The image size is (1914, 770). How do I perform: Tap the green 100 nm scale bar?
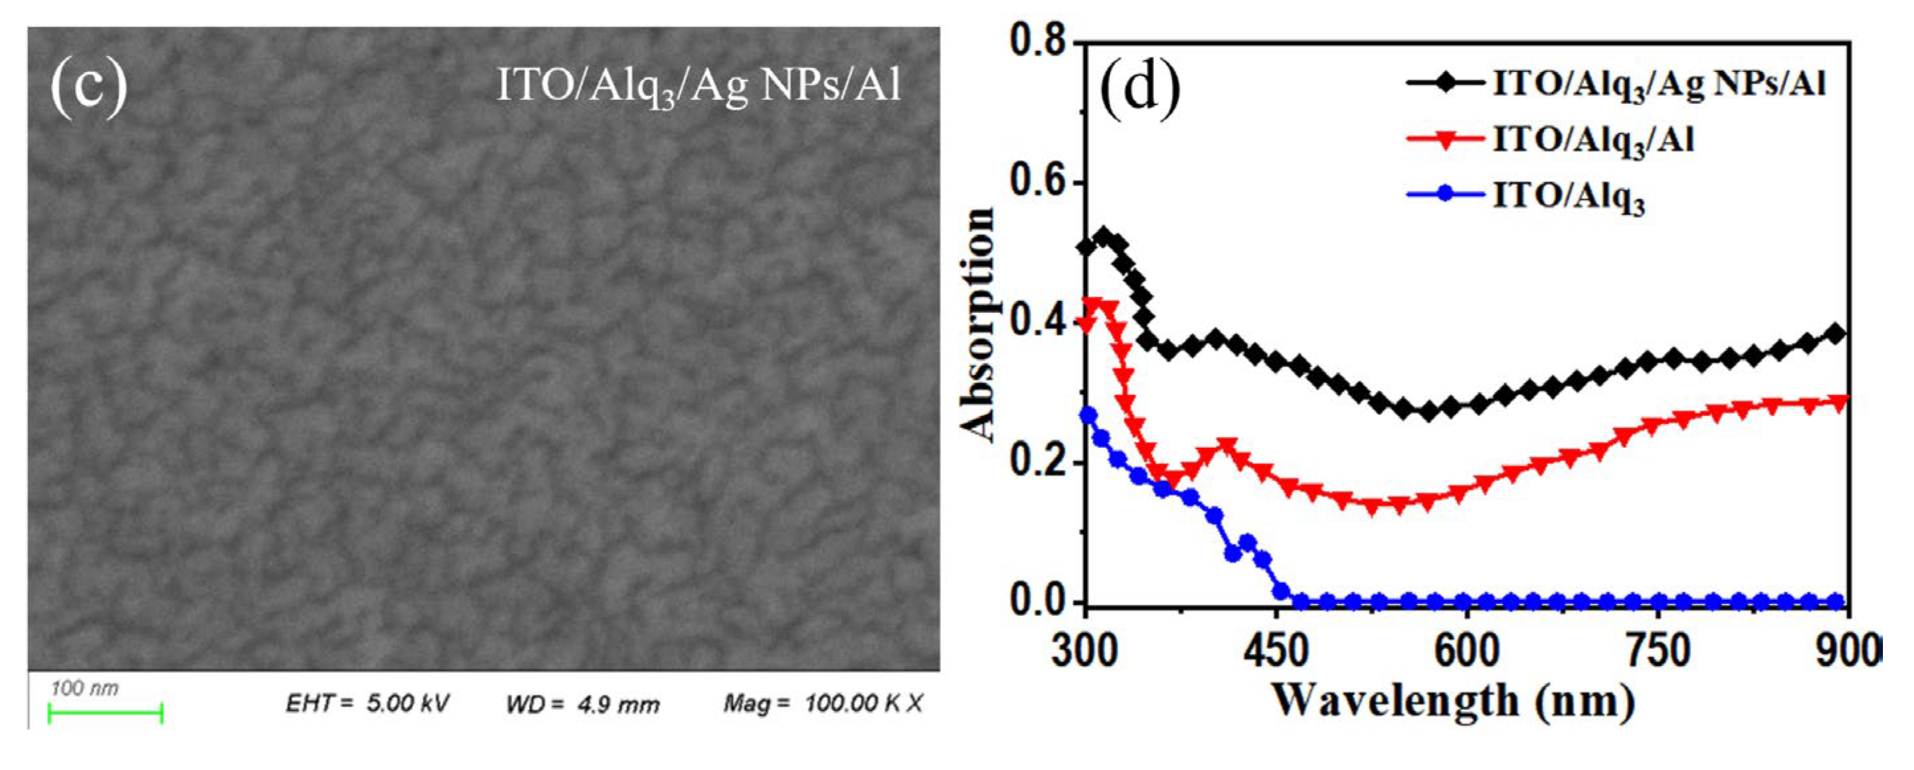pos(105,714)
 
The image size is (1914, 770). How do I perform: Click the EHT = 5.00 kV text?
pos(367,703)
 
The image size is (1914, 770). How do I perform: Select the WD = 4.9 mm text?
pos(582,704)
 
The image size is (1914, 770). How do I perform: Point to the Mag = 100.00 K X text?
pos(823,703)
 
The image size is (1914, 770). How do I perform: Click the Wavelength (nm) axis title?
pos(1454,701)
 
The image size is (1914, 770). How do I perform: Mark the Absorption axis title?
pos(977,324)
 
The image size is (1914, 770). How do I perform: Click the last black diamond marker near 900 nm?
pos(1835,333)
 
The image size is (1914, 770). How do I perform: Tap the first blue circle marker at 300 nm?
pos(1088,415)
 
